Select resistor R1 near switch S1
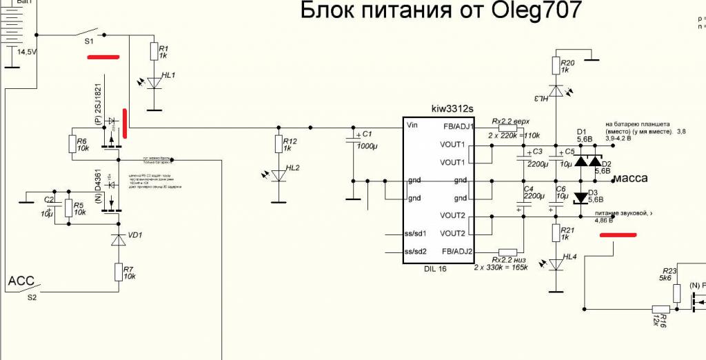(x=153, y=52)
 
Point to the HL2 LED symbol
(x=279, y=175)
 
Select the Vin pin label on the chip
(x=414, y=126)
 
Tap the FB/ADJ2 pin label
(x=456, y=251)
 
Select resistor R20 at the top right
(x=556, y=66)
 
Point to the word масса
(x=630, y=178)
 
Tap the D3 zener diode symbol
(x=581, y=198)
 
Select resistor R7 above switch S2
(x=119, y=272)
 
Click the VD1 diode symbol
(x=119, y=240)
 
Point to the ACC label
(x=20, y=282)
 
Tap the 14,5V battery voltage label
(x=27, y=52)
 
